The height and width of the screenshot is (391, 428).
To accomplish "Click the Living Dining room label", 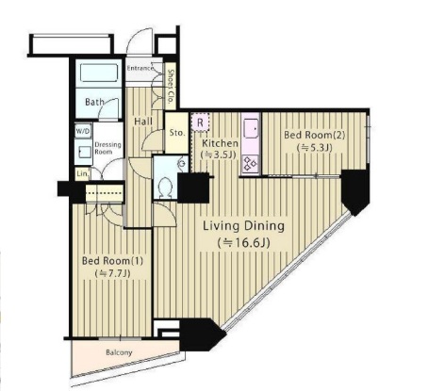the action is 243,226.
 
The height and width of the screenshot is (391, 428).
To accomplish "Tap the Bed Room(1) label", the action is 112,261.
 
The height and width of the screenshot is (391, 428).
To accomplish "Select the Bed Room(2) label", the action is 314,135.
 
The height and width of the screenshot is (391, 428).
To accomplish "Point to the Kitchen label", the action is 220,143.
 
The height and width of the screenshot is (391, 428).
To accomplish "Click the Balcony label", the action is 119,352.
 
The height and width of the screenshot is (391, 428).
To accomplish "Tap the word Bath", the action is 94,102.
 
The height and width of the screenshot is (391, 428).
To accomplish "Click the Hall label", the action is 143,122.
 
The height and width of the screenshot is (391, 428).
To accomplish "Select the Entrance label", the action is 140,68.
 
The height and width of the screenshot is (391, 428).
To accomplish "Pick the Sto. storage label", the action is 177,133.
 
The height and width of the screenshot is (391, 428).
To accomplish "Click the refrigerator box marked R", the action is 200,122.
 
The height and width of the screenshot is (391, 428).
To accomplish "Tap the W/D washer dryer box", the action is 83,131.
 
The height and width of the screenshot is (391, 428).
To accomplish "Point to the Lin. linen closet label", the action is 83,173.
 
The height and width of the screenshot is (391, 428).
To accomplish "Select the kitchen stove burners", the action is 251,164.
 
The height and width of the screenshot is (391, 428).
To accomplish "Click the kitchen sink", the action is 251,129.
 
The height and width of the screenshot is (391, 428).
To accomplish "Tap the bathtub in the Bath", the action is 99,73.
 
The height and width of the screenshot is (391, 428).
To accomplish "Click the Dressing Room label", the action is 107,148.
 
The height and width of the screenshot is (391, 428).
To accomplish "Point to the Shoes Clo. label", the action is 171,87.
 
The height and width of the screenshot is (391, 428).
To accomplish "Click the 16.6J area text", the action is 243,243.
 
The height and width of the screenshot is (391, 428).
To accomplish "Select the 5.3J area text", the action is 314,148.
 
